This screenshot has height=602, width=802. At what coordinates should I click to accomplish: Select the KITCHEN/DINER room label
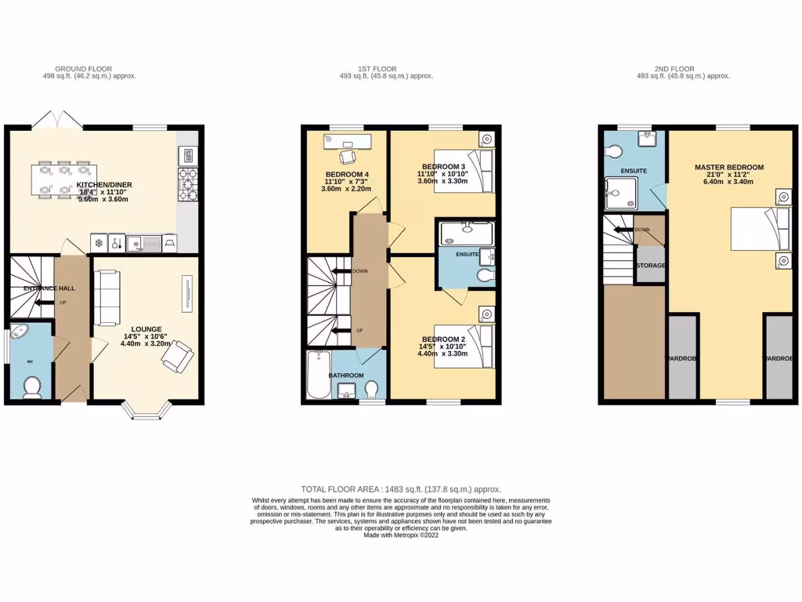[104, 185]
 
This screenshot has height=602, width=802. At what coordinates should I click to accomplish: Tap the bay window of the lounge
[145, 410]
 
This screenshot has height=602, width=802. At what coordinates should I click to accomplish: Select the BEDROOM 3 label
[443, 167]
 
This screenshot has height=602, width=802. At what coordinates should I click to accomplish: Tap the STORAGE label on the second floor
[650, 266]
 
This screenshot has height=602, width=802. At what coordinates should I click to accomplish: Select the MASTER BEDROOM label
[728, 167]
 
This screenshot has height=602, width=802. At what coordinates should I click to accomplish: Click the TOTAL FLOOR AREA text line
[401, 489]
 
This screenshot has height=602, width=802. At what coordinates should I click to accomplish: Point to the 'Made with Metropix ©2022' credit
[401, 535]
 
